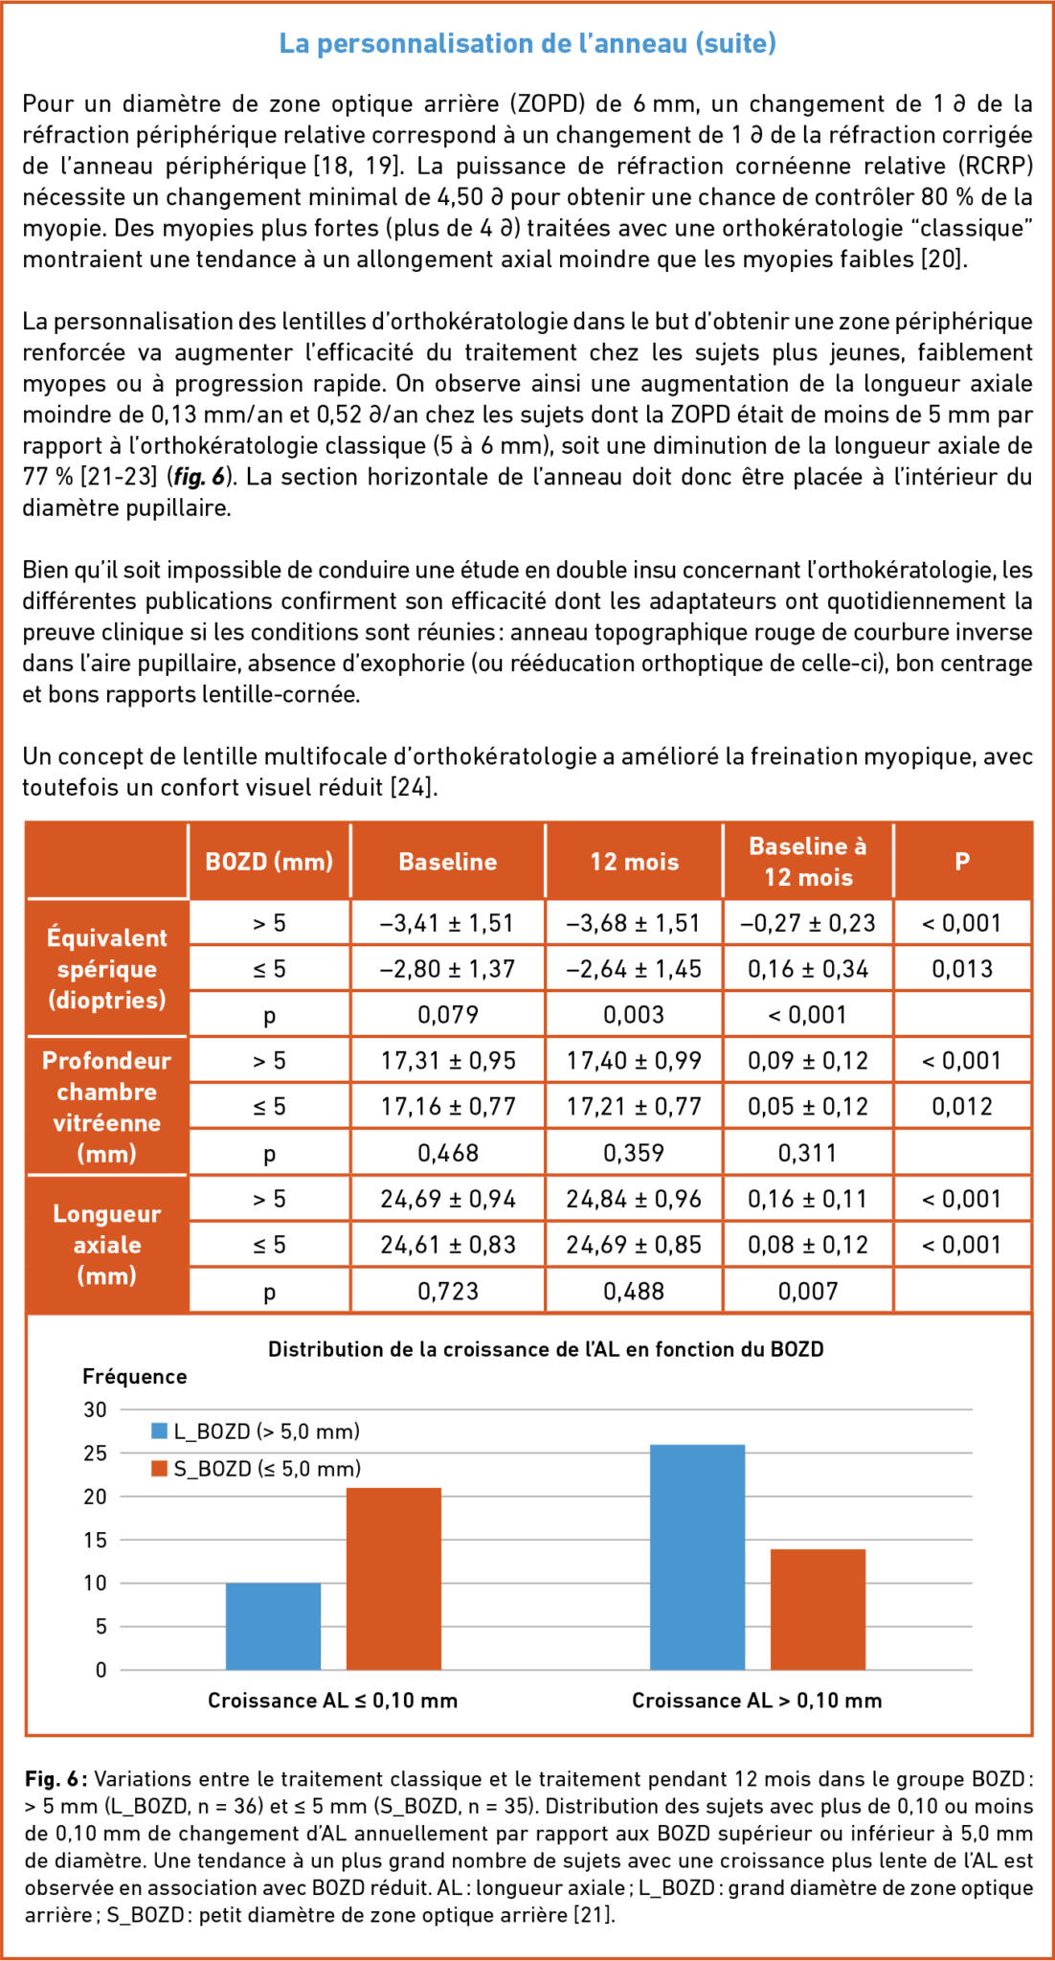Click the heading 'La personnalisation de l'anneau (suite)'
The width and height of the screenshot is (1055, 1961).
(x=527, y=43)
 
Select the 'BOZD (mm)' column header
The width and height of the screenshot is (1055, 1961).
(x=269, y=861)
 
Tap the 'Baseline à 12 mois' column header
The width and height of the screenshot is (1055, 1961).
(x=807, y=861)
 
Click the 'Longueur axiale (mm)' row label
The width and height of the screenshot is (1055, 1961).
(x=106, y=1244)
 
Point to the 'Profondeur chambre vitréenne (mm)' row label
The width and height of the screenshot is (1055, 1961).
(x=106, y=1106)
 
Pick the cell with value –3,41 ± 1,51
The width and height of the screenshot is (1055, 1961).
(x=447, y=923)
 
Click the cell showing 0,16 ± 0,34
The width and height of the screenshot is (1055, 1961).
(x=807, y=969)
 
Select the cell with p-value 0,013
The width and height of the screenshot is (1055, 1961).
(x=962, y=969)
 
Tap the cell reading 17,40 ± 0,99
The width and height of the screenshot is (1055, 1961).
(x=634, y=1060)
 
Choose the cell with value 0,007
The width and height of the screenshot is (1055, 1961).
(x=807, y=1291)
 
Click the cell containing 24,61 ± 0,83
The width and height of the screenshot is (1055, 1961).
(x=447, y=1245)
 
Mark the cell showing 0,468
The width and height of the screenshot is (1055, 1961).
(x=447, y=1153)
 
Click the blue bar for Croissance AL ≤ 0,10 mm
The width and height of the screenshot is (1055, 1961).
(x=273, y=1626)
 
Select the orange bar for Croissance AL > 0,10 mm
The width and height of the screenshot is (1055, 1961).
(x=818, y=1609)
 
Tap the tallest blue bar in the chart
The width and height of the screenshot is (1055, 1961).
(x=697, y=1557)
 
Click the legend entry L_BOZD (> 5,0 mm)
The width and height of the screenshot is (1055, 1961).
(x=256, y=1431)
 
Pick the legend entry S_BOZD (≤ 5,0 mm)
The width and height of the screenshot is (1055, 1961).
(x=256, y=1469)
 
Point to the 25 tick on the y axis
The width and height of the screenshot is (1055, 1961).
(x=95, y=1454)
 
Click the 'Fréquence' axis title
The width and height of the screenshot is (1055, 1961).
(x=134, y=1376)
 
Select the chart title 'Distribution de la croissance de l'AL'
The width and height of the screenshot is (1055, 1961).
(x=546, y=1349)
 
